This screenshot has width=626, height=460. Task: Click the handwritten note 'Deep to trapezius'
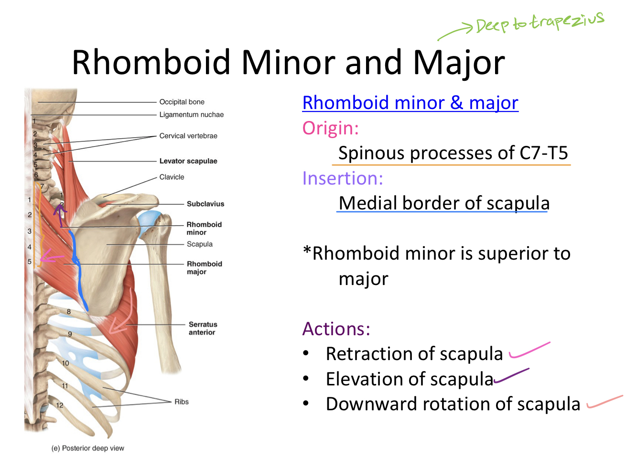540,22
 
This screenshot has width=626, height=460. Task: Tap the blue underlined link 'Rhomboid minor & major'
410,103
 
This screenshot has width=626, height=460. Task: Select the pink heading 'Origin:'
330,128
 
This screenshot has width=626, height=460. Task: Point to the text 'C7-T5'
543,153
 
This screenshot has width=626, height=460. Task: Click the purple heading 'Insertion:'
343,178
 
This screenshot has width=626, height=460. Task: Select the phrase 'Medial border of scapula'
444,203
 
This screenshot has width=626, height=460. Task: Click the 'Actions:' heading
336,329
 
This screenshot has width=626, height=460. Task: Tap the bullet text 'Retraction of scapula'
414,354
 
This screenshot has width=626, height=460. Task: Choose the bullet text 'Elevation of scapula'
409,379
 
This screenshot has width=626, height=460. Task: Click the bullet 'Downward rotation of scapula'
453,404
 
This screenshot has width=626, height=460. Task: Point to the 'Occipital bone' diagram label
182,102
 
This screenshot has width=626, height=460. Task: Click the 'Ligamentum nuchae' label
191,115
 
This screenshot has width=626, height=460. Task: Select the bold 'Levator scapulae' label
188,161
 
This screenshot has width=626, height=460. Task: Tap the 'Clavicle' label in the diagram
172,177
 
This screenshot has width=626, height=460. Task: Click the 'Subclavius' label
205,204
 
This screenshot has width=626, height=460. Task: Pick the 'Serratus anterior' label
203,328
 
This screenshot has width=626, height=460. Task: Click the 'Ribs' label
182,402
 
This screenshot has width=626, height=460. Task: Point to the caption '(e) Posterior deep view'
88,448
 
